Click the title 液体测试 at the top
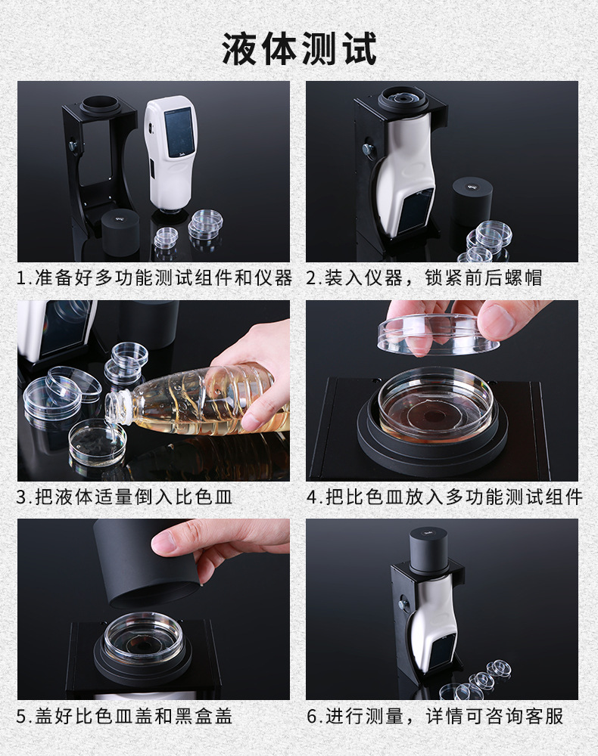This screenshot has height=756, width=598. pyautogui.click(x=299, y=48)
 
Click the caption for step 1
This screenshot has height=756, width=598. pyautogui.click(x=154, y=277)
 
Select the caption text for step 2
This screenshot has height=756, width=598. pyautogui.click(x=424, y=277)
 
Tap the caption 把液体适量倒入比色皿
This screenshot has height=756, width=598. pyautogui.click(x=124, y=497)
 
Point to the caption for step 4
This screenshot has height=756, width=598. pyautogui.click(x=444, y=497)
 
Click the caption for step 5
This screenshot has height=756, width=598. pyautogui.click(x=124, y=716)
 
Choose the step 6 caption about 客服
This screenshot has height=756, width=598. pyautogui.click(x=434, y=716)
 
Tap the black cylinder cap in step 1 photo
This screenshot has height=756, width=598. pyautogui.click(x=120, y=231)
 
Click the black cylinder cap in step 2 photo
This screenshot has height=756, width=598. pyautogui.click(x=472, y=199)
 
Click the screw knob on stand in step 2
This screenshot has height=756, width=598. pyautogui.click(x=368, y=150)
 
